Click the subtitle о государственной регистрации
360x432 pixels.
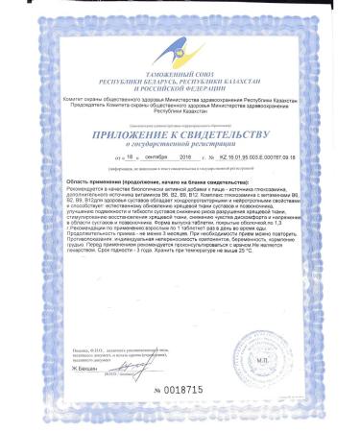coord(180,148)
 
